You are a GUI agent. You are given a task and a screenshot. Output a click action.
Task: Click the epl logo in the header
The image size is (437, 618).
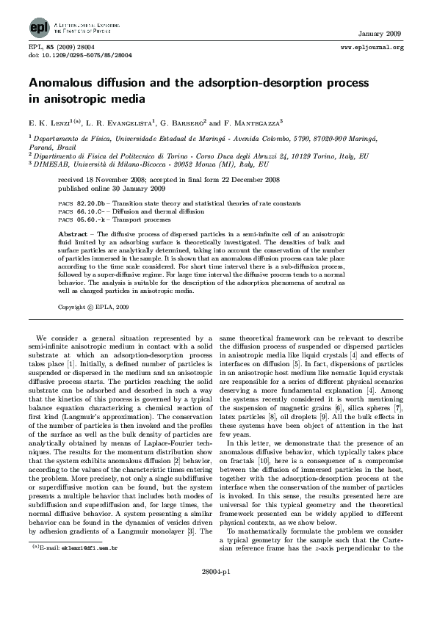pyautogui.click(x=37, y=27)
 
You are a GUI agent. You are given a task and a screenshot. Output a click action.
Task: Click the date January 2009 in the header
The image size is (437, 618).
pyautogui.click(x=380, y=34)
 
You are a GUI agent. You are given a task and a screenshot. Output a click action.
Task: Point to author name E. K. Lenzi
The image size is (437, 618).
pyautogui.click(x=48, y=120)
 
